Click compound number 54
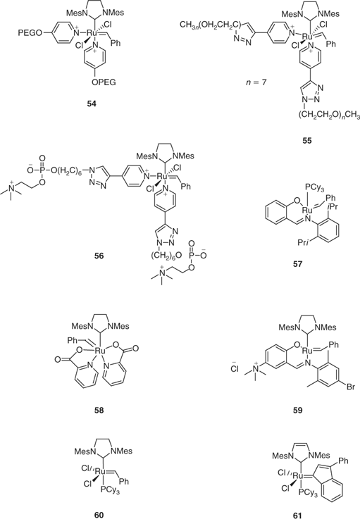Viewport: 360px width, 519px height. (91, 104)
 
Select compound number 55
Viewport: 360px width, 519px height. (307, 140)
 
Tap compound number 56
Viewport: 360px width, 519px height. (99, 256)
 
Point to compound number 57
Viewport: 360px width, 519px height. (297, 264)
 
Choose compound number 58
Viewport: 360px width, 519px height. (99, 410)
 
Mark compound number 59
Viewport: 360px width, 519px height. (297, 410)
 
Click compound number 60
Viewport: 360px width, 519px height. (99, 514)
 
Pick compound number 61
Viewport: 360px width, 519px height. (297, 515)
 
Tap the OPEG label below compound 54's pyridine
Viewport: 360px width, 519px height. (104, 82)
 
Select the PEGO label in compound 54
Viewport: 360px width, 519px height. (30, 33)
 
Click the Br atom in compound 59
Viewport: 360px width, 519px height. (351, 387)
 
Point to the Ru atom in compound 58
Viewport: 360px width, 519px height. (99, 351)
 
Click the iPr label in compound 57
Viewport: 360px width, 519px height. (332, 207)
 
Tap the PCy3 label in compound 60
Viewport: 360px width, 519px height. (111, 492)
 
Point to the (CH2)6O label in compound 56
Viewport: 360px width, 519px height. (168, 254)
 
